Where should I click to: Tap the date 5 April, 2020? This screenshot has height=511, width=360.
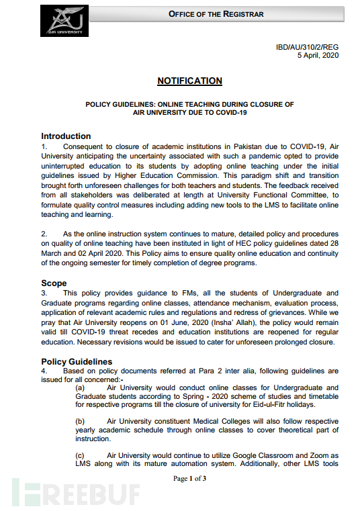point(318,55)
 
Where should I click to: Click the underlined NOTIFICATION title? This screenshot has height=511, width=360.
point(189,81)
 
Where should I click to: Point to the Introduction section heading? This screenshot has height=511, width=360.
point(66,136)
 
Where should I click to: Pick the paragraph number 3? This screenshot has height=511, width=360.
point(44,293)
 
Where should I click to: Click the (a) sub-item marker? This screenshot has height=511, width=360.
point(80,387)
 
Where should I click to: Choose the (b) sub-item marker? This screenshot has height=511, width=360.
point(80,421)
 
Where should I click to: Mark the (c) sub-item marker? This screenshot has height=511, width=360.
point(80,455)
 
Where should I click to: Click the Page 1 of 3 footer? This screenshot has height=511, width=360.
point(189,479)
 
